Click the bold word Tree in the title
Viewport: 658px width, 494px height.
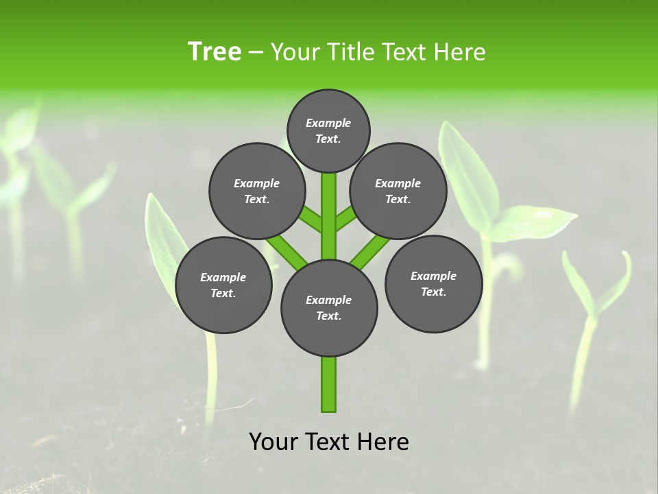[x=215, y=51]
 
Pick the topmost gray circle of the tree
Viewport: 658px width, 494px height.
[x=328, y=130]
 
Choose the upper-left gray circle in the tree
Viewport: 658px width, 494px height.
[x=257, y=191]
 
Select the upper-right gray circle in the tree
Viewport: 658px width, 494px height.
[x=398, y=191]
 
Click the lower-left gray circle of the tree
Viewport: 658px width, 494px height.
[x=223, y=285]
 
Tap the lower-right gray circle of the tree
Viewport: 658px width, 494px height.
[x=433, y=283]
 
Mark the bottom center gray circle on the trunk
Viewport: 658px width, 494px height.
[x=329, y=307]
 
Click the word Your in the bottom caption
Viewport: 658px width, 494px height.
[x=272, y=442]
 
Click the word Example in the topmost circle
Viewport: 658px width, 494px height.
[x=328, y=123]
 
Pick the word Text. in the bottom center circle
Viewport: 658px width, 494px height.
[x=328, y=316]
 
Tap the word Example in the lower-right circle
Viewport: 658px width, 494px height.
[x=433, y=276]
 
